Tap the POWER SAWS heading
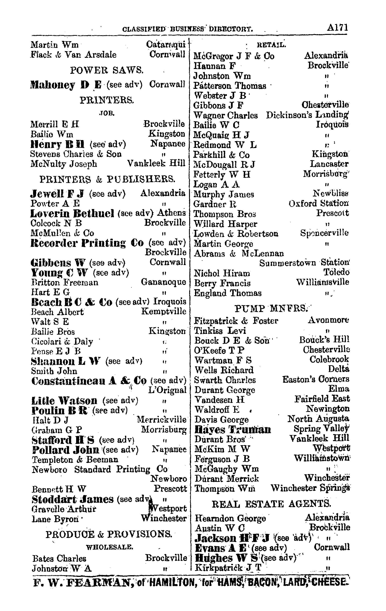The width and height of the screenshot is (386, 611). [x=107, y=70]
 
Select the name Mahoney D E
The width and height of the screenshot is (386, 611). [x=66, y=85]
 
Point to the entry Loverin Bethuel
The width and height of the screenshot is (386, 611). [x=72, y=213]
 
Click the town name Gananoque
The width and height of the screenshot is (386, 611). [x=163, y=282]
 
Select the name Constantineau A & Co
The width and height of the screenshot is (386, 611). [x=89, y=381]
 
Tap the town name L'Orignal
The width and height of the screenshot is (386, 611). [x=167, y=390]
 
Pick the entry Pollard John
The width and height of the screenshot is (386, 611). [x=66, y=450]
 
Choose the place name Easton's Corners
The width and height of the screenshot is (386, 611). [x=316, y=379]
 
